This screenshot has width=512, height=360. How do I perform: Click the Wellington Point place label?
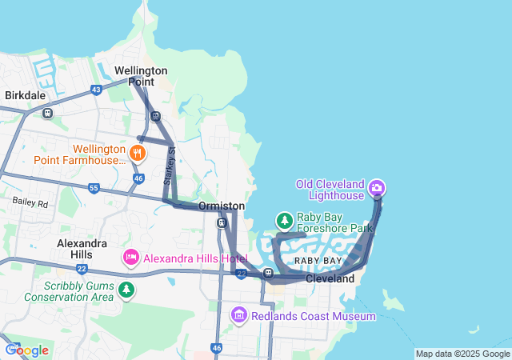[141, 76]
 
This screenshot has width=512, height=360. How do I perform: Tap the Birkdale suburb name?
[25, 95]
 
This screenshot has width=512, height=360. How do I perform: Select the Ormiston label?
[222, 206]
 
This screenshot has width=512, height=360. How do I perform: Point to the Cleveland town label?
[330, 279]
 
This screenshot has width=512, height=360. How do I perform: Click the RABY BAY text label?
[318, 262]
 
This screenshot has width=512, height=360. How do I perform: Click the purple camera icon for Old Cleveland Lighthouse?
[377, 189]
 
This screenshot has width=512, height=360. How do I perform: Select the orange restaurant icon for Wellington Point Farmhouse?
[138, 152]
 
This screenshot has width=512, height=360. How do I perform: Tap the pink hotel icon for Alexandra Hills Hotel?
[130, 258]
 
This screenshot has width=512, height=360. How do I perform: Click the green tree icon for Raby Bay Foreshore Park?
[283, 219]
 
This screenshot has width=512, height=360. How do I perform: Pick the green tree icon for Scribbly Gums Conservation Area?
[126, 288]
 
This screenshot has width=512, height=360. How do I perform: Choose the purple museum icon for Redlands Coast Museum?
[238, 316]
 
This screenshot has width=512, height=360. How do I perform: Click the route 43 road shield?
[96, 89]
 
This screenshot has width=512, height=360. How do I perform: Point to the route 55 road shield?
[94, 188]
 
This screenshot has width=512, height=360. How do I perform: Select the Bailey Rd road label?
[30, 204]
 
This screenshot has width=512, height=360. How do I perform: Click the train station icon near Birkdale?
[48, 113]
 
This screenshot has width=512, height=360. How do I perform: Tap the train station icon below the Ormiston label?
[222, 222]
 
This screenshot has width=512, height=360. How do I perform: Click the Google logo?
[26, 350]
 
